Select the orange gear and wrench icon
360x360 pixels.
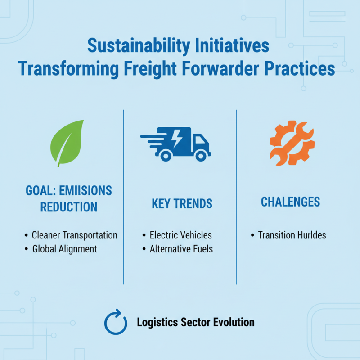[x=292, y=143]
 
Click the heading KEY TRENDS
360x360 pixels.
[x=182, y=203]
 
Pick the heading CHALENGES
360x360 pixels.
[x=291, y=202]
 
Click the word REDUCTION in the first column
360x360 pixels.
[x=69, y=207]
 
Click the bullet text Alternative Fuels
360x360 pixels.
[x=181, y=249]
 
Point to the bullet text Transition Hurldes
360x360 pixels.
[x=292, y=235]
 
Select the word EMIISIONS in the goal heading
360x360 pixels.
[x=85, y=190]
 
